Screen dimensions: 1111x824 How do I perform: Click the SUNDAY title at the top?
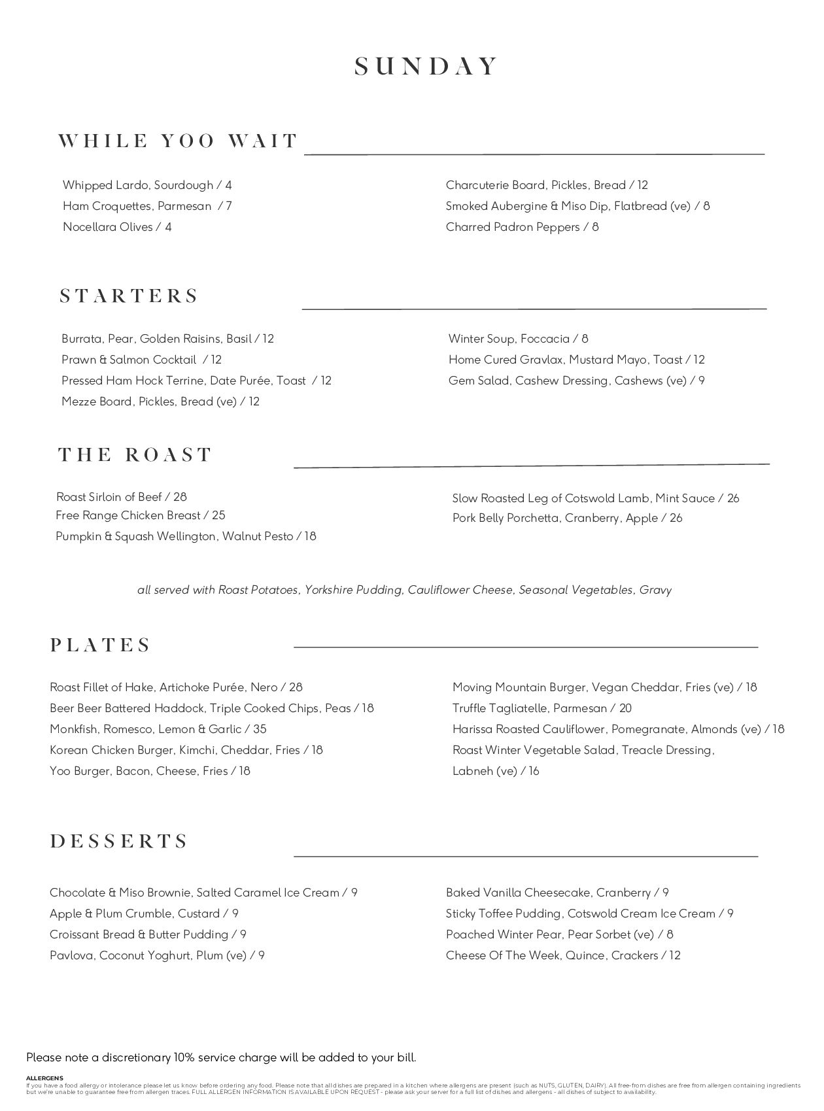pyautogui.click(x=426, y=67)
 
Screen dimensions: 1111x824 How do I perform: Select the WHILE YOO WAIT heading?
pyautogui.click(x=178, y=141)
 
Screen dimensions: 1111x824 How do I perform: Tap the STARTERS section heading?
pyautogui.click(x=129, y=296)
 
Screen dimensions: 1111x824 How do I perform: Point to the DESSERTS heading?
pyautogui.click(x=119, y=841)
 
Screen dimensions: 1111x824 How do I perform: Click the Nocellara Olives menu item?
pyautogui.click(x=117, y=227)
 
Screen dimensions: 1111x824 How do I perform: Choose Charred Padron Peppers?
pyautogui.click(x=522, y=227)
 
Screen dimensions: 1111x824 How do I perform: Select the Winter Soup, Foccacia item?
pyautogui.click(x=518, y=339)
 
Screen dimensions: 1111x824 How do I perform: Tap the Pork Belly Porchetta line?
pyautogui.click(x=567, y=518)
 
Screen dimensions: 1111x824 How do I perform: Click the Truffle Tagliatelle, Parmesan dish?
pyautogui.click(x=541, y=708)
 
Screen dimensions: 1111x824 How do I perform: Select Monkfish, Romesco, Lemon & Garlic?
pyautogui.click(x=158, y=729)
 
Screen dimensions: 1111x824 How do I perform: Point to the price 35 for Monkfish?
pyautogui.click(x=260, y=729)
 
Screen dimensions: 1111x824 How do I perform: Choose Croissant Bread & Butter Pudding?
pyautogui.click(x=148, y=934)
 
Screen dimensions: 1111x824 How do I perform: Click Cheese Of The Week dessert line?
pyautogui.click(x=563, y=955)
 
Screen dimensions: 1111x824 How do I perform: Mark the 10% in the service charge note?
pyautogui.click(x=184, y=1057)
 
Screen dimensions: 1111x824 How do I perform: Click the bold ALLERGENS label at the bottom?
pyautogui.click(x=44, y=1078)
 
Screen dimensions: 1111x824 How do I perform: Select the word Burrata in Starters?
pyautogui.click(x=82, y=339)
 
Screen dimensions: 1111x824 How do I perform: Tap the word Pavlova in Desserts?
pyautogui.click(x=72, y=955)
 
